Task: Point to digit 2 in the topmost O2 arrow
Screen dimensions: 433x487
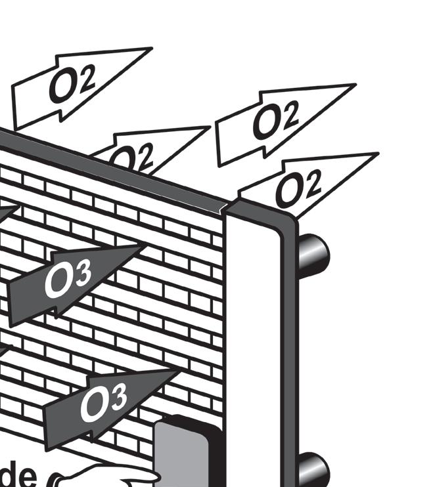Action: pos(92,79)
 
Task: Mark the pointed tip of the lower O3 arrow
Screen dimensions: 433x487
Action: pos(177,371)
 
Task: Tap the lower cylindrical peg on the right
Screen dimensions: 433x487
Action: pos(313,469)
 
